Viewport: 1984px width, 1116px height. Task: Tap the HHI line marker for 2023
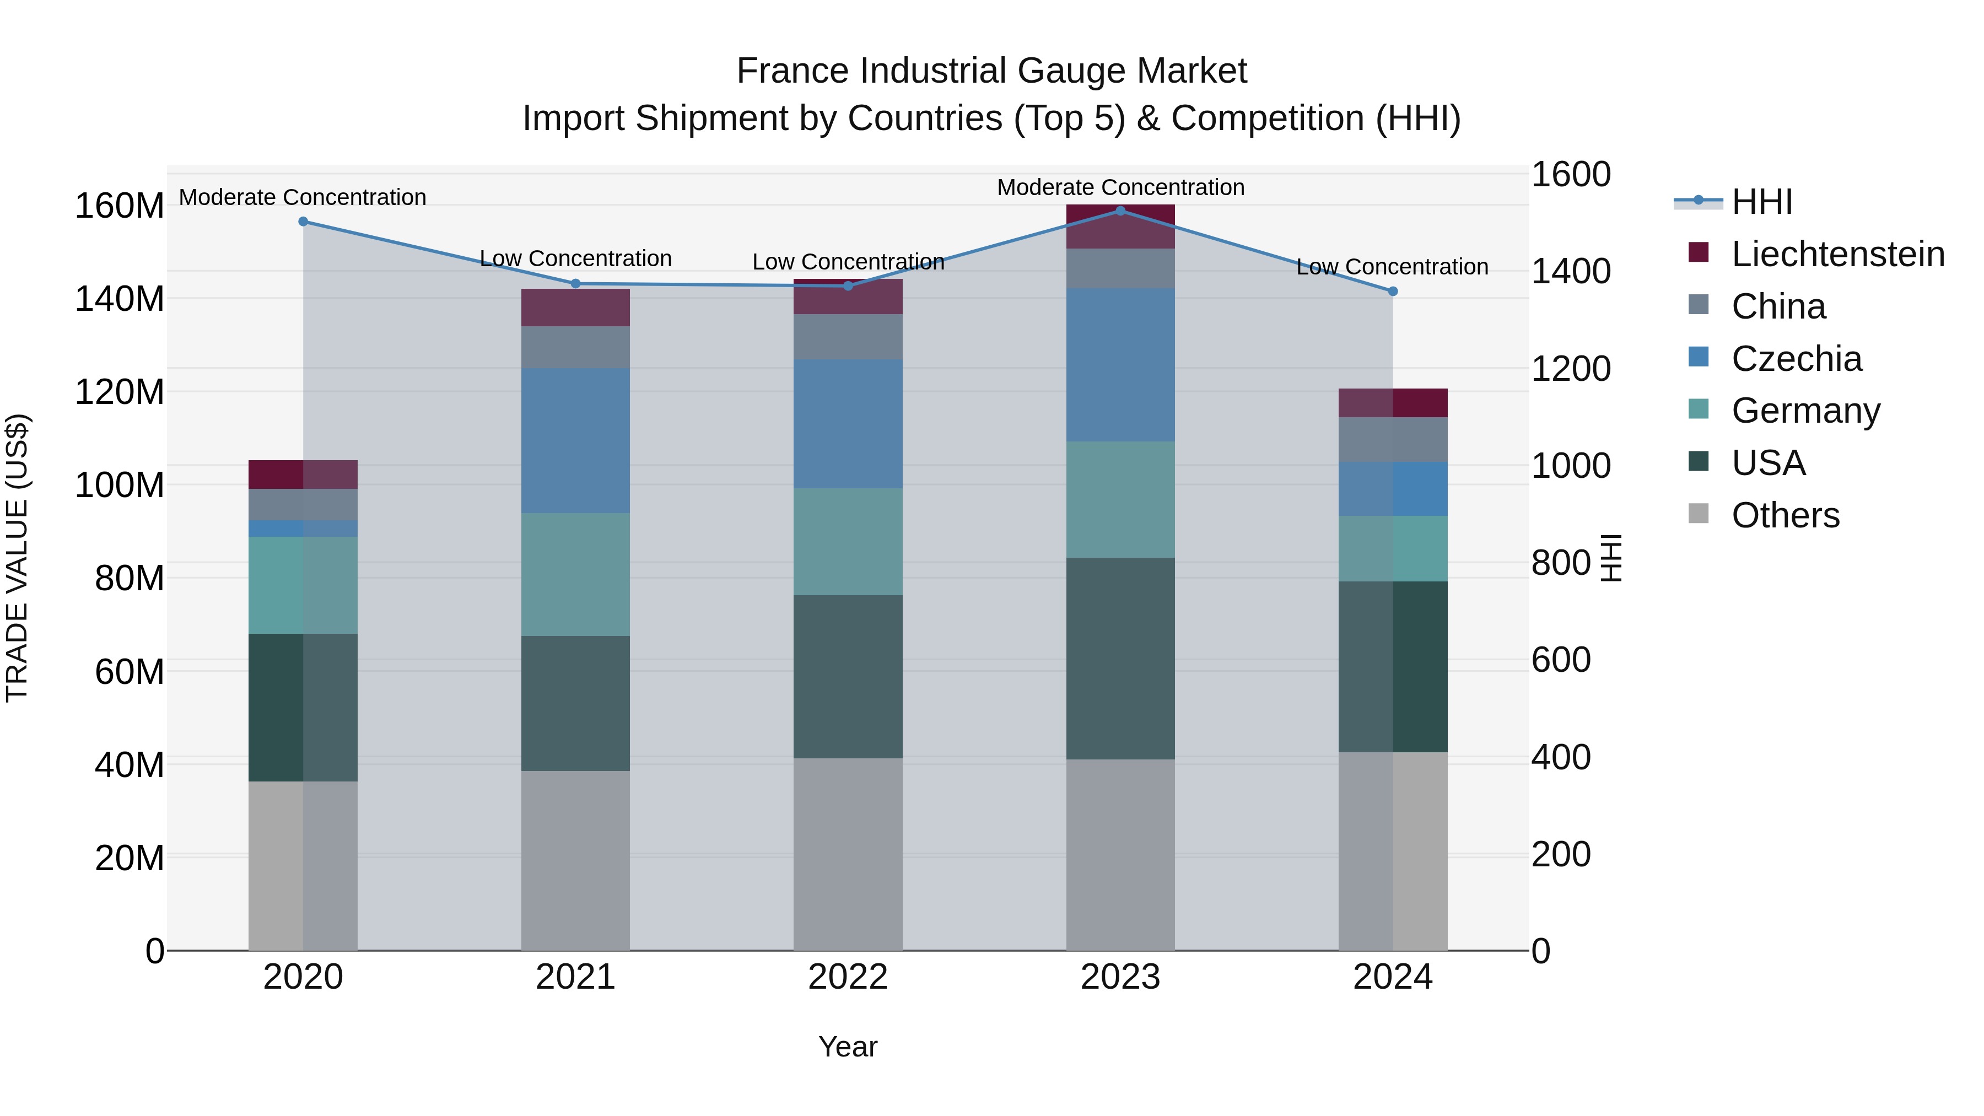pyautogui.click(x=1120, y=211)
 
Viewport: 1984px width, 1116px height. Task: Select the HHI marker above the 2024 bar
pyautogui.click(x=1393, y=291)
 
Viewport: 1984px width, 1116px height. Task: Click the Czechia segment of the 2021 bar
pyautogui.click(x=575, y=440)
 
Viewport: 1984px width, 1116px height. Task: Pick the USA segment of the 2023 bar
pyautogui.click(x=1120, y=659)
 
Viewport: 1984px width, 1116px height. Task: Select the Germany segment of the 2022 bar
pyautogui.click(x=848, y=541)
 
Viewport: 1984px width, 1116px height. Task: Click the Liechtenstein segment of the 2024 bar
pyautogui.click(x=1393, y=403)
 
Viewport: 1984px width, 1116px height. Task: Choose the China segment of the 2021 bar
pyautogui.click(x=575, y=347)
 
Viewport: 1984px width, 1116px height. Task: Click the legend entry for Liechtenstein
pyautogui.click(x=1837, y=254)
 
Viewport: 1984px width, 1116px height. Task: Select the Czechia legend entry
pyautogui.click(x=1796, y=359)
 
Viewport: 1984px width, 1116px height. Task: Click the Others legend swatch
pyautogui.click(x=1699, y=514)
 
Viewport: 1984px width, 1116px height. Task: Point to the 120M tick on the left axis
pyautogui.click(x=120, y=392)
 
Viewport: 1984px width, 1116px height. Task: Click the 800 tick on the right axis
pyautogui.click(x=1560, y=563)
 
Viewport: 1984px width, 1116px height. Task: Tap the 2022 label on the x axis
pyautogui.click(x=848, y=977)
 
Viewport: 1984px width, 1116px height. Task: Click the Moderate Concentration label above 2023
pyautogui.click(x=1120, y=187)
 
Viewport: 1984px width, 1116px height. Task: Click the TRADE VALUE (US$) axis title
pyautogui.click(x=17, y=558)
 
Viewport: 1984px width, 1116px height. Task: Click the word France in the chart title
pyautogui.click(x=793, y=71)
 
